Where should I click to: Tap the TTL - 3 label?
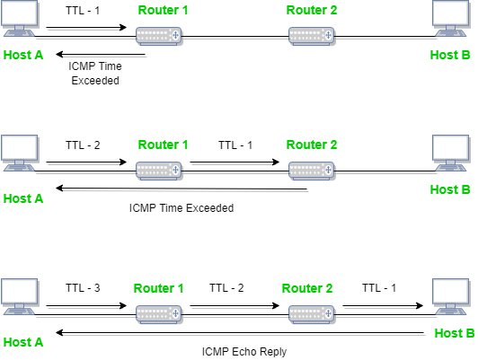point(84,287)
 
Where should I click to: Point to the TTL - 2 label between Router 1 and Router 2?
point(227,287)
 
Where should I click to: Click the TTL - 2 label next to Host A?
point(84,144)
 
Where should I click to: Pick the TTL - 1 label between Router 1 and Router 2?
point(236,144)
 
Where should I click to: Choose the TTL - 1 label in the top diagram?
point(84,12)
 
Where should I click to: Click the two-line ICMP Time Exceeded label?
point(94,73)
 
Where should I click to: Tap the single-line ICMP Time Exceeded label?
point(181,207)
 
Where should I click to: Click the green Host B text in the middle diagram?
point(450,189)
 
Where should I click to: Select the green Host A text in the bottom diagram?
point(23,341)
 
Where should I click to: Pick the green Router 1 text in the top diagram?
point(164,12)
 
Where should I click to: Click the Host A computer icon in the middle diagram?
point(19,154)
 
